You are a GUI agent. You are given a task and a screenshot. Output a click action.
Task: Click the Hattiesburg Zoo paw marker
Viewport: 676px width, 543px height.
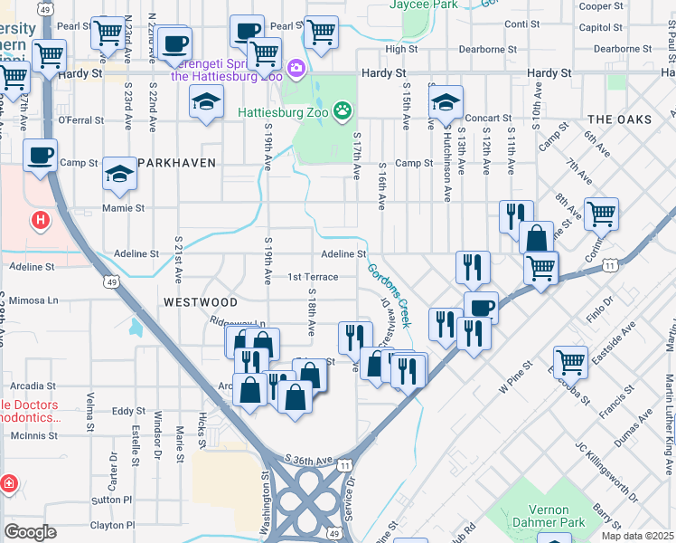343,111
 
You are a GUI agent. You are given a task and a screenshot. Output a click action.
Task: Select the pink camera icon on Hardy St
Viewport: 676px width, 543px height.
296,68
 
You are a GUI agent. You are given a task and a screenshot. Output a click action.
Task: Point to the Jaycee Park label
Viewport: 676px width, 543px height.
423,5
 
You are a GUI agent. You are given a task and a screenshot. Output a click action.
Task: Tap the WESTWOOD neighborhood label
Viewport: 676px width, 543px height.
201,301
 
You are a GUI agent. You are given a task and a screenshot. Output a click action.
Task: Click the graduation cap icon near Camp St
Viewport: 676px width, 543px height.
119,175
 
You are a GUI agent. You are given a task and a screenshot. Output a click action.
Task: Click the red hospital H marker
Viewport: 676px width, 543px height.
40,219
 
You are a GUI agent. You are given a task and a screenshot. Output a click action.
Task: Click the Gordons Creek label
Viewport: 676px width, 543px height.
390,295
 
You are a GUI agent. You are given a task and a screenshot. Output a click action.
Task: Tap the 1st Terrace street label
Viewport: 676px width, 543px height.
313,277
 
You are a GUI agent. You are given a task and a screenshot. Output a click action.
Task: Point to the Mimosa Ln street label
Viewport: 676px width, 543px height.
33,300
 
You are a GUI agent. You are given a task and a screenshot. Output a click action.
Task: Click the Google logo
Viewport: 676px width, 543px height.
30,532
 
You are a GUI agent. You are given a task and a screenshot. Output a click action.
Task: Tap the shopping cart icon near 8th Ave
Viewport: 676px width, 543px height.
601,214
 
